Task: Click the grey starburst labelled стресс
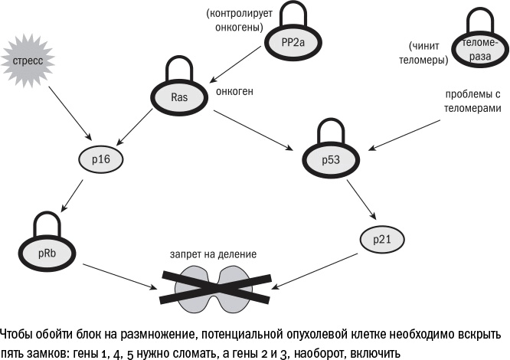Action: (x=27, y=57)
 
